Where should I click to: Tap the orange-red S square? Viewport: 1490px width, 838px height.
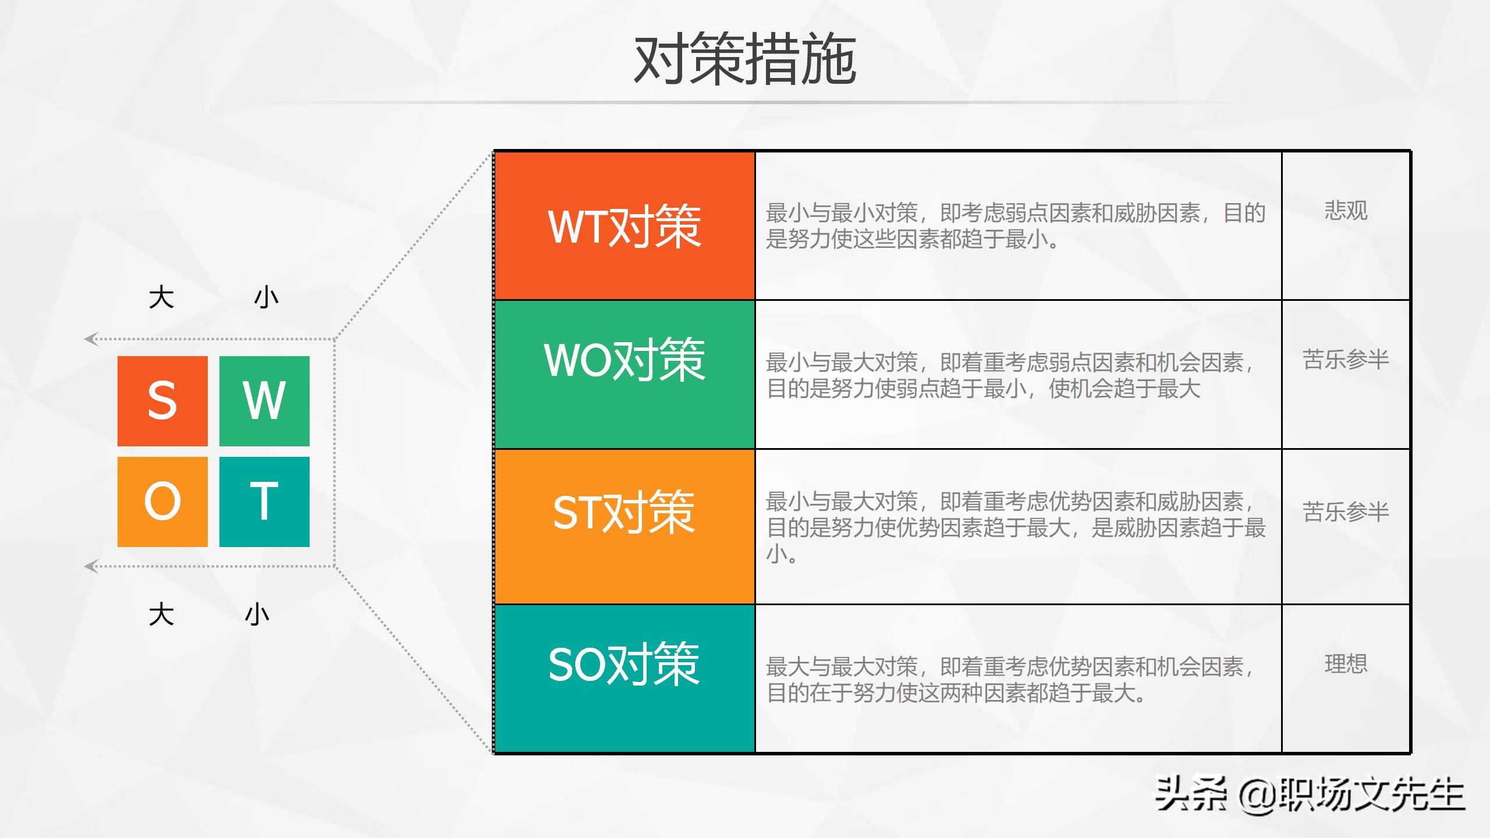(x=162, y=401)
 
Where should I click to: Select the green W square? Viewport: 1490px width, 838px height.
(x=264, y=401)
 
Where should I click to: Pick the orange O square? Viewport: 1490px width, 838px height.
(x=162, y=502)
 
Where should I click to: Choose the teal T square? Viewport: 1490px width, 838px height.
(x=264, y=502)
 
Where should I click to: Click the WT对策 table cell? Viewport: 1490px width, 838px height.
(x=625, y=226)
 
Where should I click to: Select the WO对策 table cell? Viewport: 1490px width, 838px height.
(x=625, y=374)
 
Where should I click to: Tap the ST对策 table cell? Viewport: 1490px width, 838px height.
(x=625, y=526)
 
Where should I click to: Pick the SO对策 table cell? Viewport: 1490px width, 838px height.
(x=625, y=678)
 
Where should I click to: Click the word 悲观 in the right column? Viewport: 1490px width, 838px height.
(x=1346, y=210)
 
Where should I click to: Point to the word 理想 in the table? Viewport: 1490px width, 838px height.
(x=1346, y=663)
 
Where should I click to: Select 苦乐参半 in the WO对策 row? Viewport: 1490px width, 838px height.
(x=1346, y=359)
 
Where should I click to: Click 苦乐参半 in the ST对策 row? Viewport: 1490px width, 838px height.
(x=1346, y=512)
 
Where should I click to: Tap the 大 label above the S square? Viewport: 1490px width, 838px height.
(x=161, y=297)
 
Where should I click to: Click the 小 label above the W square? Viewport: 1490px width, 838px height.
(x=266, y=297)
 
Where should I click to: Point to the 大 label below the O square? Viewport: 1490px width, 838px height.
(x=161, y=615)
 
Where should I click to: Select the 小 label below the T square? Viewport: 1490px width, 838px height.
(x=257, y=615)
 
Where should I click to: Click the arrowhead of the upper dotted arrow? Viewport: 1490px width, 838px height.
(x=90, y=339)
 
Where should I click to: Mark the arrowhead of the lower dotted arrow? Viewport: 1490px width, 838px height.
(x=90, y=566)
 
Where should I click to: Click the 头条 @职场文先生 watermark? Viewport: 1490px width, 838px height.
(x=1309, y=794)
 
